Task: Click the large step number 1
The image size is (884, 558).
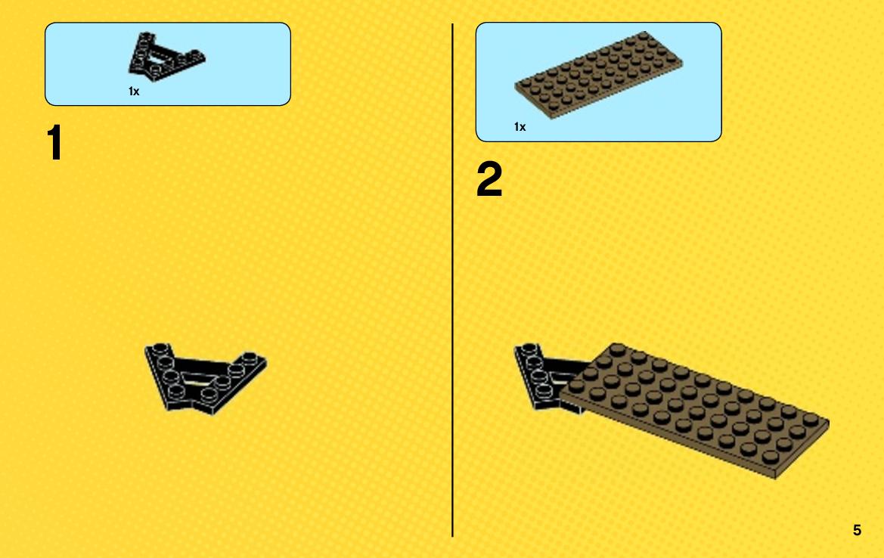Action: click(x=54, y=143)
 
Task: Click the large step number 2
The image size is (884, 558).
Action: click(x=489, y=178)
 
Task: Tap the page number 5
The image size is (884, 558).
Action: click(x=857, y=530)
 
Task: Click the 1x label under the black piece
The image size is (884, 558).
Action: click(x=134, y=91)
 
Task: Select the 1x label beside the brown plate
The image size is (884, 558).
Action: click(x=520, y=127)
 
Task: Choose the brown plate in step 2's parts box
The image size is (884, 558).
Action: click(x=598, y=74)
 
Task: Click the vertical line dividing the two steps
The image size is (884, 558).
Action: click(x=452, y=280)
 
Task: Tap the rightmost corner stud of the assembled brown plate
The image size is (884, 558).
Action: click(x=811, y=420)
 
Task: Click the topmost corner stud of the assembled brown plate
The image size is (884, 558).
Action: click(x=617, y=349)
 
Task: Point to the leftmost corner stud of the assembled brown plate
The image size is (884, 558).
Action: click(x=576, y=385)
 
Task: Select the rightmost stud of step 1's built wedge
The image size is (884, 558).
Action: click(x=250, y=358)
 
